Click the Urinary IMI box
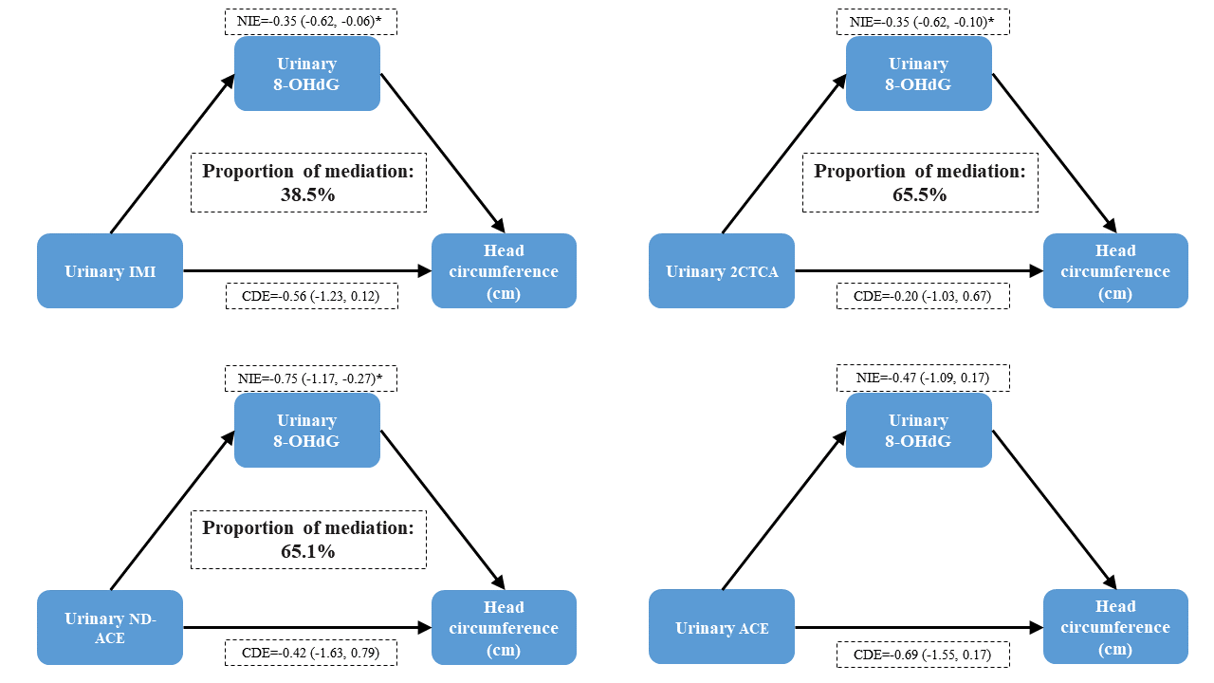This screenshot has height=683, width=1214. coord(110,271)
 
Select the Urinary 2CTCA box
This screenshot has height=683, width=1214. coord(722,271)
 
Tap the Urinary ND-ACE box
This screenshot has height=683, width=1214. coord(110,628)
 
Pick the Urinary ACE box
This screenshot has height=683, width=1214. coord(722,627)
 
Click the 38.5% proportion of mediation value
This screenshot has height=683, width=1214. coord(308,194)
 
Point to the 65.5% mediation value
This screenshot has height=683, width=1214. coord(920,194)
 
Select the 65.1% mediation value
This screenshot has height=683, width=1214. coord(308,551)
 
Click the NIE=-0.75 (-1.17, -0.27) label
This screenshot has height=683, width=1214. coord(310,378)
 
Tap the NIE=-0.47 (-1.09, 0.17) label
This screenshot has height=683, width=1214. coord(923,378)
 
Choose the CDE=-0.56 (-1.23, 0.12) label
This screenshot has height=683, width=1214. coord(312,296)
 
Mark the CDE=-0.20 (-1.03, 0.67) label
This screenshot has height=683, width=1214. coord(923,296)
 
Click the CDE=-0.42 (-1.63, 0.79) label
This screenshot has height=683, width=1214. coord(310,653)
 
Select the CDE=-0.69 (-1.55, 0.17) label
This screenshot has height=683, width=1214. coord(923,655)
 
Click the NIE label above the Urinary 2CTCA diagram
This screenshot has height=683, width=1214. coord(923,22)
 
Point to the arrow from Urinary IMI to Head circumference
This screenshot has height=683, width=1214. coord(307,270)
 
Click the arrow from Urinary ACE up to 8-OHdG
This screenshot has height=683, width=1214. coord(784,510)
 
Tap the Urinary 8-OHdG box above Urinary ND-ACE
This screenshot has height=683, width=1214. coord(306,431)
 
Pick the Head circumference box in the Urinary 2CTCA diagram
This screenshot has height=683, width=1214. coord(1116,271)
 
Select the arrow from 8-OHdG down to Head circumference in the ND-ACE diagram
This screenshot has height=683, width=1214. coord(443,510)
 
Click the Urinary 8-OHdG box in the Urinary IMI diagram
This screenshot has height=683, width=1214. coord(306,74)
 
